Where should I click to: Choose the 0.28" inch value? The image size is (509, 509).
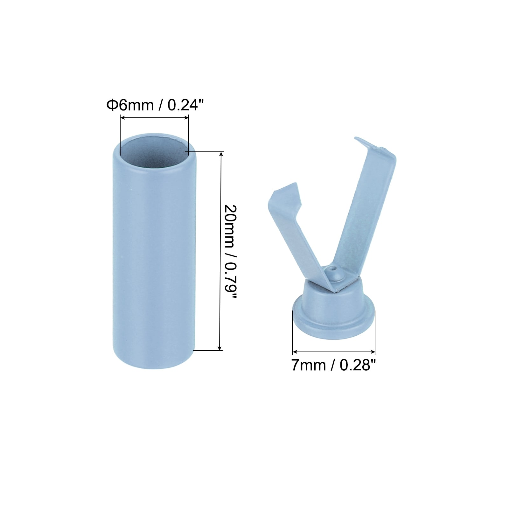point(358,366)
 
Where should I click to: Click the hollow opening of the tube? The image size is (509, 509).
point(155,148)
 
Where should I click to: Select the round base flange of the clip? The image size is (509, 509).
point(334,321)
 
